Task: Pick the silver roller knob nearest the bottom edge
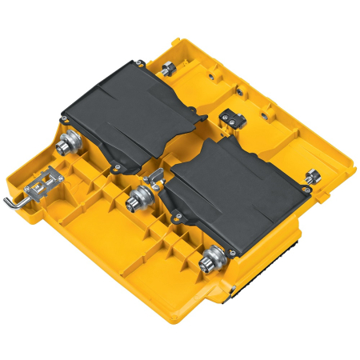(211, 259)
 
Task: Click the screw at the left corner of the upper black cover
(62, 118)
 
